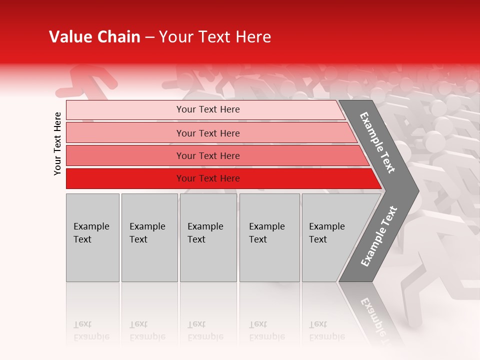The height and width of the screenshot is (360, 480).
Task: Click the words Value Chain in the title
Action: (x=94, y=37)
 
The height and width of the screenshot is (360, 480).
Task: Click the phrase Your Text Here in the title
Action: (x=215, y=37)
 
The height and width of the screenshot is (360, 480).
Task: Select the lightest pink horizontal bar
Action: (x=125, y=109)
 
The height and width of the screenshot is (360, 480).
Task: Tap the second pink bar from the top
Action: (x=125, y=133)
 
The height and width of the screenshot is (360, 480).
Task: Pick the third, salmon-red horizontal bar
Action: (x=125, y=155)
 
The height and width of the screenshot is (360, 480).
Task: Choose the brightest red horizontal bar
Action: (x=125, y=178)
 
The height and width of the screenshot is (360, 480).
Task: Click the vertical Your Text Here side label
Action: (x=57, y=143)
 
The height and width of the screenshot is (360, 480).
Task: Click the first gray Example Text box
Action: (x=92, y=237)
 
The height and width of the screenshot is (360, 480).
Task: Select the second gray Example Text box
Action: (x=149, y=237)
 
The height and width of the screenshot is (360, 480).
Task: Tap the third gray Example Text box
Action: (x=208, y=237)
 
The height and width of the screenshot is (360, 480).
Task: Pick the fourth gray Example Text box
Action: (x=270, y=237)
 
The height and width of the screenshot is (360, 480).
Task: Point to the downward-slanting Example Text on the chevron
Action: (x=377, y=142)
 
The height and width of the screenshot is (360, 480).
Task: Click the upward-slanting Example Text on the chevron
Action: (x=378, y=236)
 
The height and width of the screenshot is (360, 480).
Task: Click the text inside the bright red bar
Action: (x=208, y=178)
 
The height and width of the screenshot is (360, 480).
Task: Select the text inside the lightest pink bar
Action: (x=208, y=109)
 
